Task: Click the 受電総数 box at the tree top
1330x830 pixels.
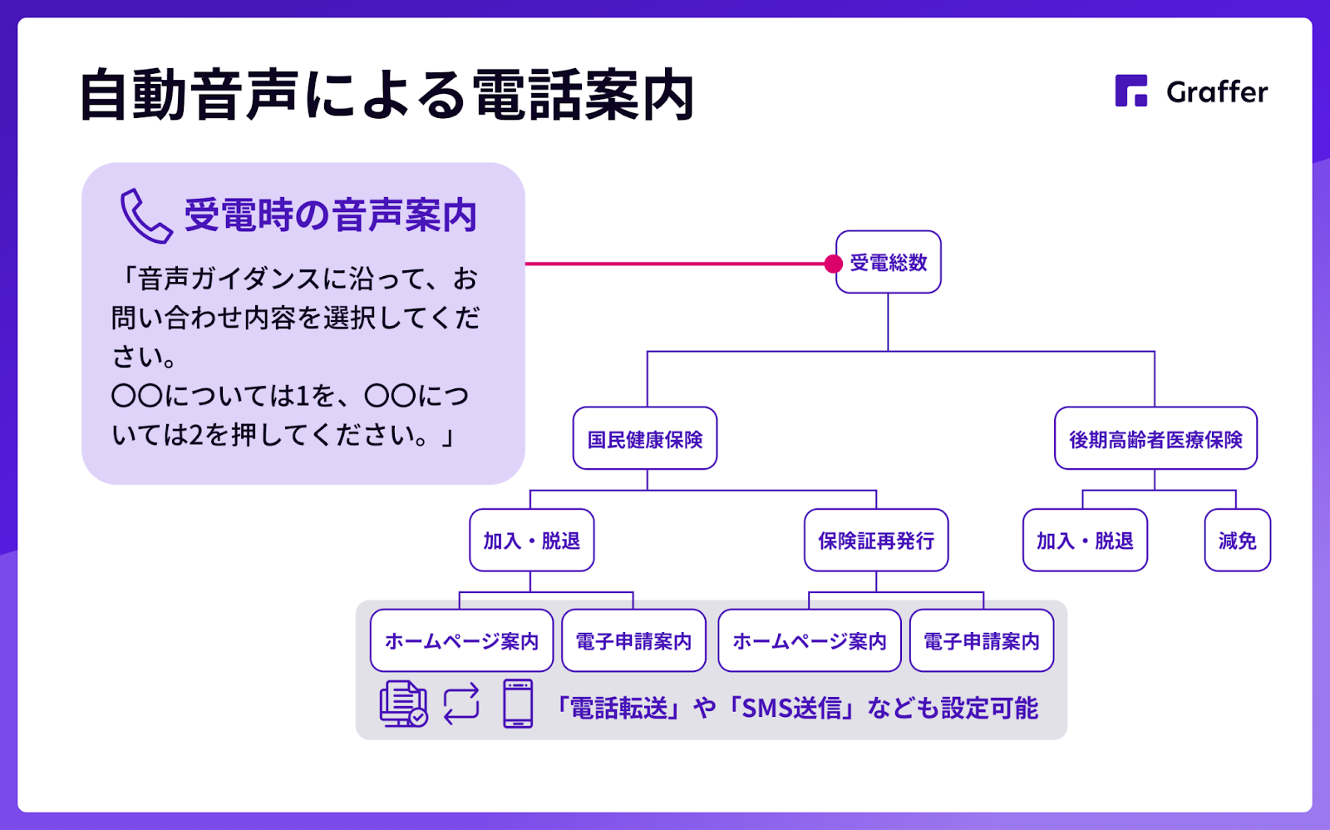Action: point(889,262)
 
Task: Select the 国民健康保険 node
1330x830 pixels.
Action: point(645,438)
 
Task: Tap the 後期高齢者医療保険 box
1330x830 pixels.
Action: point(1155,438)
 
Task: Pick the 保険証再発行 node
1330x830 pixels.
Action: point(876,540)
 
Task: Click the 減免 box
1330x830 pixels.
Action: point(1238,540)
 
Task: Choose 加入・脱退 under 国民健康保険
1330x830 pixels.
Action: point(531,540)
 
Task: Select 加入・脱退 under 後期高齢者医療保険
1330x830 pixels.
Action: point(1085,540)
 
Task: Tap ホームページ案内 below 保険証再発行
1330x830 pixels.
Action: point(810,640)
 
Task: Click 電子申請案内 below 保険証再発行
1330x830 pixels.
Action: point(982,640)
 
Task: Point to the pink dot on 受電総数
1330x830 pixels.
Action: point(833,263)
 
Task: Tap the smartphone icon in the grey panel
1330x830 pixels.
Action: point(518,704)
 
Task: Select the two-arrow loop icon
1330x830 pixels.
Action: point(461,704)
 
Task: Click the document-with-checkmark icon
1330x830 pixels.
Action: point(403,704)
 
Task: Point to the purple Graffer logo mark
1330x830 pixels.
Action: point(1131,91)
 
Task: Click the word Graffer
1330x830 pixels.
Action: point(1217,92)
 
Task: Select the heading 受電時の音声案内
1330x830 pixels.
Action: point(330,215)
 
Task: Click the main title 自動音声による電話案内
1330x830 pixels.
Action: point(387,95)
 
